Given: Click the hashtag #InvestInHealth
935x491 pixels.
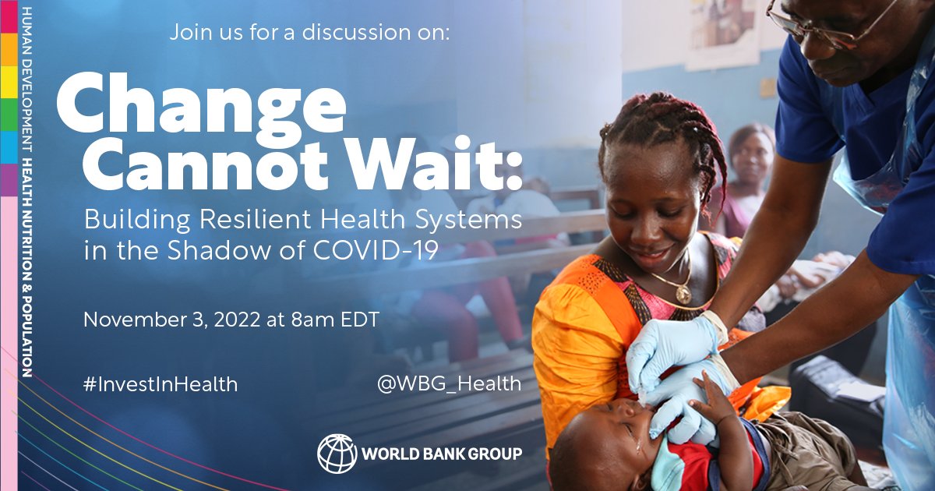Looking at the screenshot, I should coord(161,384).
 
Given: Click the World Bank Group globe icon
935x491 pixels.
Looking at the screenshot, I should coord(336,453).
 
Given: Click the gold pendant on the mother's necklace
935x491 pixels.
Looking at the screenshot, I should coord(683,294).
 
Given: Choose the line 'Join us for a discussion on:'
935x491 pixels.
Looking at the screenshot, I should coord(310,34).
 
